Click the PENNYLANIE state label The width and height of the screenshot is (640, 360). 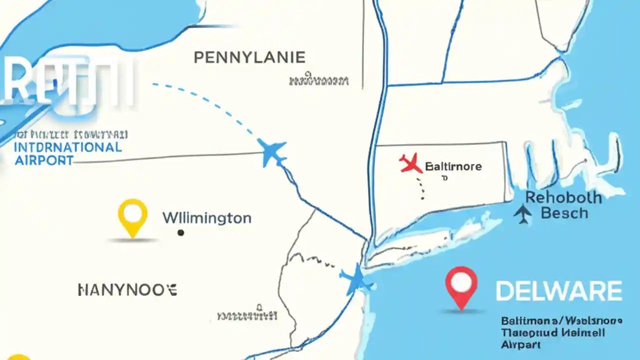point(249,57)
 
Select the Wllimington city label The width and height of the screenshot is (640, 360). point(207,218)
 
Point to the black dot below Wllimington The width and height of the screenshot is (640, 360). point(180,232)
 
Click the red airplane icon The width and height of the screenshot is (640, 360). point(410,163)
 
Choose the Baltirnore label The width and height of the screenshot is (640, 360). point(453,166)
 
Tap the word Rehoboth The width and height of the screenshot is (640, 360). point(563,197)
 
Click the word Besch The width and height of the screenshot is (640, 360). point(564,213)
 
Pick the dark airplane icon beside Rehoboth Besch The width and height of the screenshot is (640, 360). point(523,213)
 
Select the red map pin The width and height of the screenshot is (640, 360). point(461,285)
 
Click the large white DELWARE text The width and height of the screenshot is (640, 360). point(558,291)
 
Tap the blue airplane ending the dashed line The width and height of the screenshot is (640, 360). point(272,152)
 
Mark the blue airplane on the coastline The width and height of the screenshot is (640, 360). point(357,280)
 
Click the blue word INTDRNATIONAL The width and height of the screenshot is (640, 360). point(68,147)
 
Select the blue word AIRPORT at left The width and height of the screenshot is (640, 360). point(44,160)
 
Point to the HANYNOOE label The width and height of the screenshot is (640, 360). point(127,289)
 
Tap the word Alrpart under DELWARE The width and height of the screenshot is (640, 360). point(520,345)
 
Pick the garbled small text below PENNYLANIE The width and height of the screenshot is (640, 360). point(318,80)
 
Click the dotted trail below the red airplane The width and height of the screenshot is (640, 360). point(422,187)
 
